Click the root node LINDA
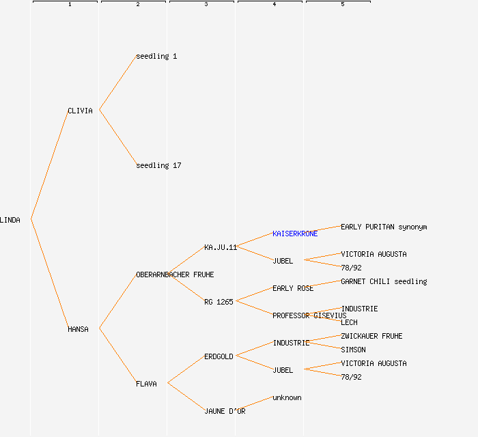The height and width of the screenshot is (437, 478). point(10,220)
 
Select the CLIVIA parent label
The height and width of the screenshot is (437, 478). point(80,111)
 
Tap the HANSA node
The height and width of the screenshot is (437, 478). point(78,329)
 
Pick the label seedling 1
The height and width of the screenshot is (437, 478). point(156,56)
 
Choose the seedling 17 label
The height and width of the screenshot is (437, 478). point(158,165)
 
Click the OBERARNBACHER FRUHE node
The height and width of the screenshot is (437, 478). point(175,274)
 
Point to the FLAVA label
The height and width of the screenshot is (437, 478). point(146,384)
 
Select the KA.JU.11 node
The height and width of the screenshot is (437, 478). point(220,247)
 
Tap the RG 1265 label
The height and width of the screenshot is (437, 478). point(219,302)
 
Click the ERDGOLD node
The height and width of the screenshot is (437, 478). point(219,356)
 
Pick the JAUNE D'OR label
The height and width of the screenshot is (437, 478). point(225,411)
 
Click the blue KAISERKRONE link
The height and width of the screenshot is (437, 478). point(295,234)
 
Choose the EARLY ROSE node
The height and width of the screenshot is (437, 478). point(293,288)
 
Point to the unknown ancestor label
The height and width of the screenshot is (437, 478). point(287,397)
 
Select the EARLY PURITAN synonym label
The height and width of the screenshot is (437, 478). point(384,227)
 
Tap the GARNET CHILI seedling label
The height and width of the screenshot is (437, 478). point(384,281)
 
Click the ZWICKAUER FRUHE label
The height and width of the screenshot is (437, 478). point(371,336)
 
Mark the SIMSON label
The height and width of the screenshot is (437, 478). point(353,350)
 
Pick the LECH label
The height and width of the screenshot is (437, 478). point(349,322)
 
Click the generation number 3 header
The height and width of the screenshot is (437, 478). point(206,5)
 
